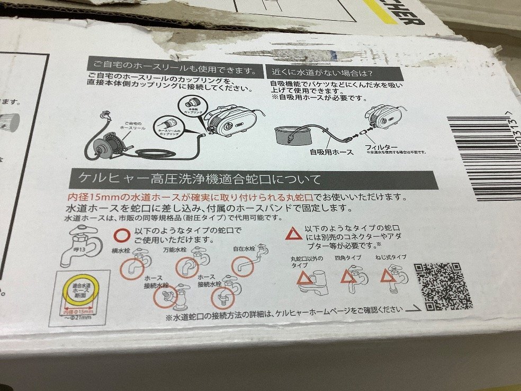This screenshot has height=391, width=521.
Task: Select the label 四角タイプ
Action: coord(347,258)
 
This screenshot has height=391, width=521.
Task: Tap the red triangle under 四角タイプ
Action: coord(348,277)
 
